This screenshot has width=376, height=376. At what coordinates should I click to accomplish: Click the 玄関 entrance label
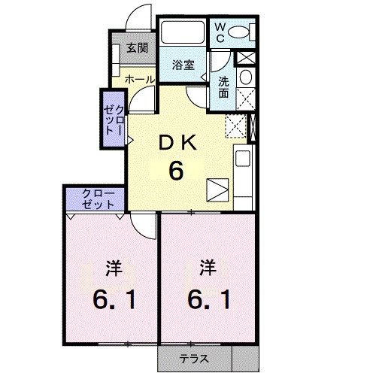click(x=136, y=49)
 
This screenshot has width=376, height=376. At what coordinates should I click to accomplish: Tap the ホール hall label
click(x=139, y=79)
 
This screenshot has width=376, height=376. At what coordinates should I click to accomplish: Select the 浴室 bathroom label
click(x=183, y=65)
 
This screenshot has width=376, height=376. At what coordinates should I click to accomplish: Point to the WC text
click(x=221, y=32)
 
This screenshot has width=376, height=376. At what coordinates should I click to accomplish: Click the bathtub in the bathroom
click(x=183, y=35)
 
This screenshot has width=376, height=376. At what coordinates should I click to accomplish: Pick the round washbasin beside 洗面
click(x=244, y=78)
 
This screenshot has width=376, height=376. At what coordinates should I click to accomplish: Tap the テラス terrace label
click(x=193, y=359)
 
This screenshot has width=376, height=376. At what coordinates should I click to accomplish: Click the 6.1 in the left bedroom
click(x=114, y=300)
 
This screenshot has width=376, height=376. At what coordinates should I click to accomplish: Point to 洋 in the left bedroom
click(x=114, y=266)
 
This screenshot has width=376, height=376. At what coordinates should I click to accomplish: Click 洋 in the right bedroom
click(x=208, y=266)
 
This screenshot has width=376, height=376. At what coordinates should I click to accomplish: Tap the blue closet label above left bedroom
click(x=99, y=199)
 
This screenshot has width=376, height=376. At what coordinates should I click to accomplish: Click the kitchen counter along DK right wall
click(x=243, y=177)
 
